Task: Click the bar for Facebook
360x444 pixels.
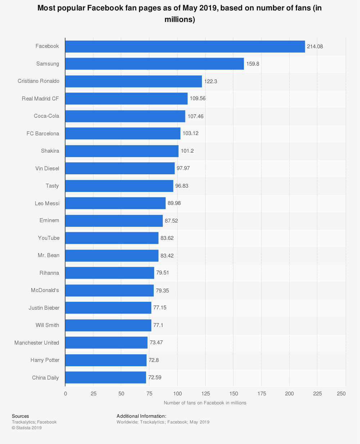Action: click(x=185, y=46)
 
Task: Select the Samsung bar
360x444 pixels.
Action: click(x=154, y=64)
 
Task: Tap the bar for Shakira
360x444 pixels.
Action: click(x=122, y=151)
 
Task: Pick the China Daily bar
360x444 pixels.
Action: click(x=105, y=377)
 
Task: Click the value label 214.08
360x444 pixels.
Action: click(x=315, y=46)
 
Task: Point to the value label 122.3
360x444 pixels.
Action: click(x=211, y=81)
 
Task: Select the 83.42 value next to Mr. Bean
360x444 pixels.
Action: click(x=167, y=256)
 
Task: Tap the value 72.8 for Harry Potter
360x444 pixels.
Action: click(x=153, y=360)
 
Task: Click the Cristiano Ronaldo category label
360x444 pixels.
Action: click(x=39, y=81)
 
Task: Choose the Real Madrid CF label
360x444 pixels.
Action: click(x=40, y=99)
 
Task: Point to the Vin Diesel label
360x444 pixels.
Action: click(x=47, y=169)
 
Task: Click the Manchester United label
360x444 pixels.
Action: click(x=37, y=343)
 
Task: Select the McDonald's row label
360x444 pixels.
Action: click(x=45, y=290)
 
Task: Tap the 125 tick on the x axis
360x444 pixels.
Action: click(x=205, y=394)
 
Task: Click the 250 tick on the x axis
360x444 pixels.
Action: click(x=341, y=394)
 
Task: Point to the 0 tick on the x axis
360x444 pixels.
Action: click(x=65, y=394)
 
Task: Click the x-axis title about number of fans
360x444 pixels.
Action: click(x=205, y=403)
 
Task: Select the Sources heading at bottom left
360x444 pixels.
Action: click(x=20, y=416)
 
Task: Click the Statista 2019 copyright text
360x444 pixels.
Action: click(x=27, y=428)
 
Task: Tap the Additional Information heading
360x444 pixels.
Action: click(x=141, y=416)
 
